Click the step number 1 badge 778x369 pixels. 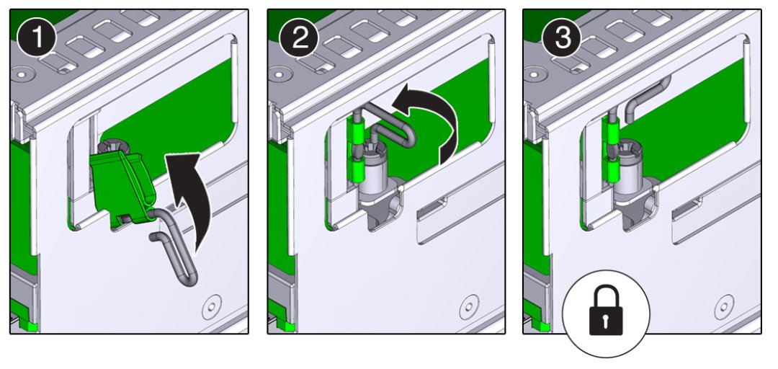(x=37, y=38)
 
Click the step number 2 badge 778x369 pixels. (x=299, y=38)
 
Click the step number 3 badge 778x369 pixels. (x=562, y=38)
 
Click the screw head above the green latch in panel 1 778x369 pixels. (x=109, y=146)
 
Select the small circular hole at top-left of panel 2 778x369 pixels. (x=279, y=75)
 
